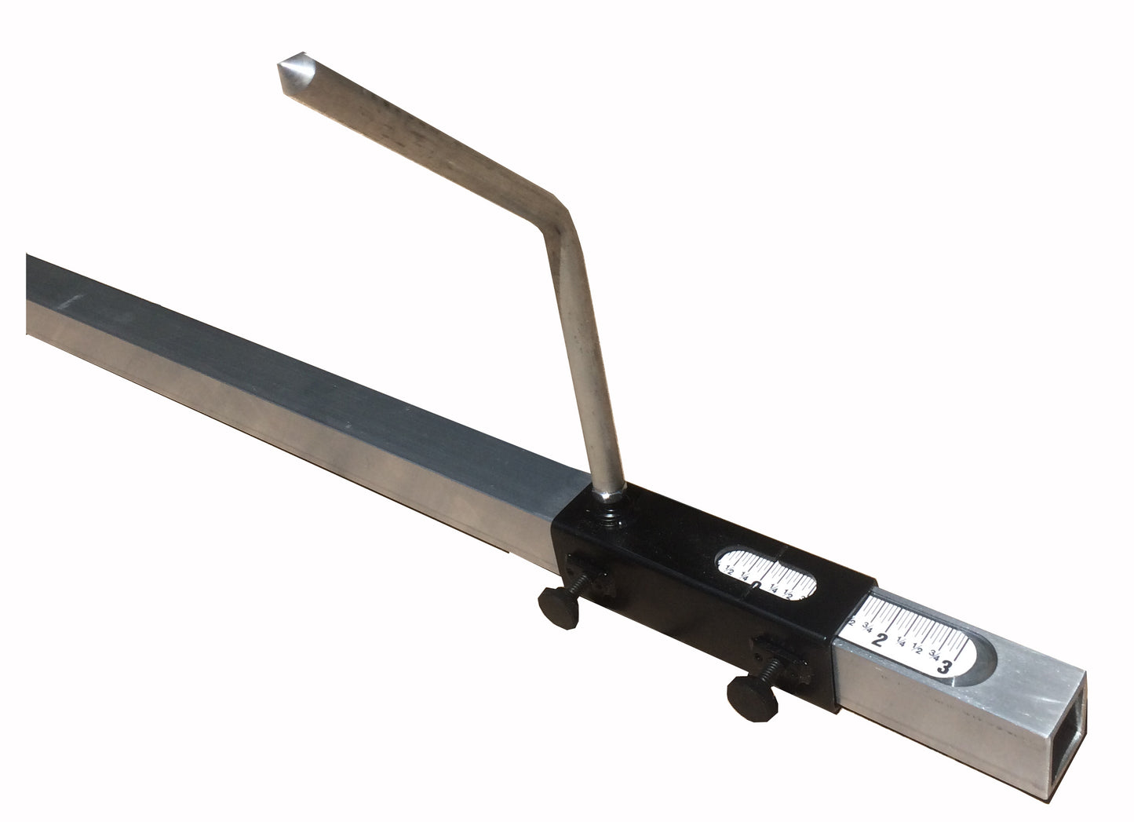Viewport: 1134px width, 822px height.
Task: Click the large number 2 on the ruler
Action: click(881, 638)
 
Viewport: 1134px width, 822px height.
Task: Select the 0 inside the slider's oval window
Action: click(754, 585)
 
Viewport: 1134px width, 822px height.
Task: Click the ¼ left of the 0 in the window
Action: click(743, 575)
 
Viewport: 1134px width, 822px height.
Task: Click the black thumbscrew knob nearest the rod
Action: click(555, 606)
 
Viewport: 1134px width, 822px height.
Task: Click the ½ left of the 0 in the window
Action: click(729, 570)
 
